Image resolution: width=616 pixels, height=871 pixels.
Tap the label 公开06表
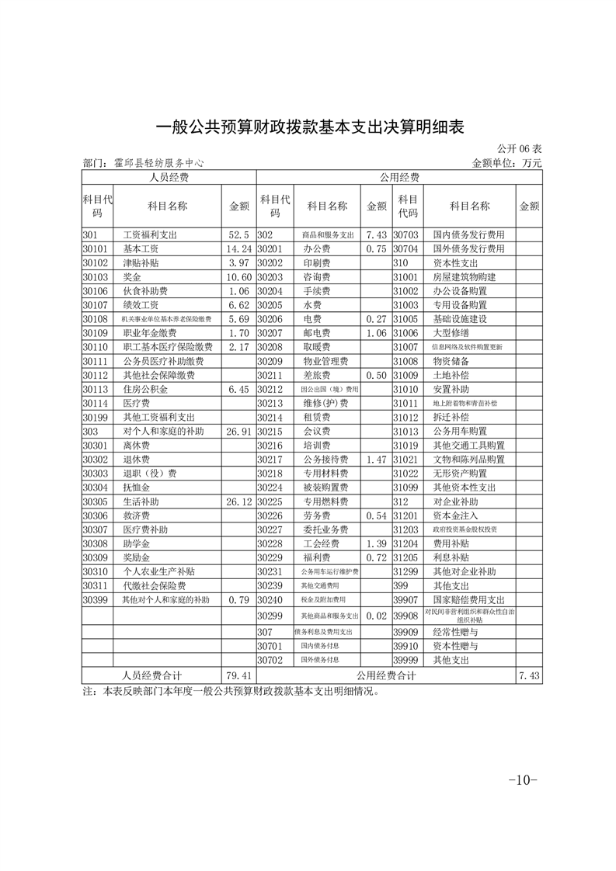[520, 148]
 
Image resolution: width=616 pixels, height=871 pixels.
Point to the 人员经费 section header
[169, 177]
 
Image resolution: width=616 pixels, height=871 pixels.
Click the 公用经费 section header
[399, 177]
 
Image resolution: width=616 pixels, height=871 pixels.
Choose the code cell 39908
[406, 616]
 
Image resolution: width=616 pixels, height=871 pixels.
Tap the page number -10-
[523, 779]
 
